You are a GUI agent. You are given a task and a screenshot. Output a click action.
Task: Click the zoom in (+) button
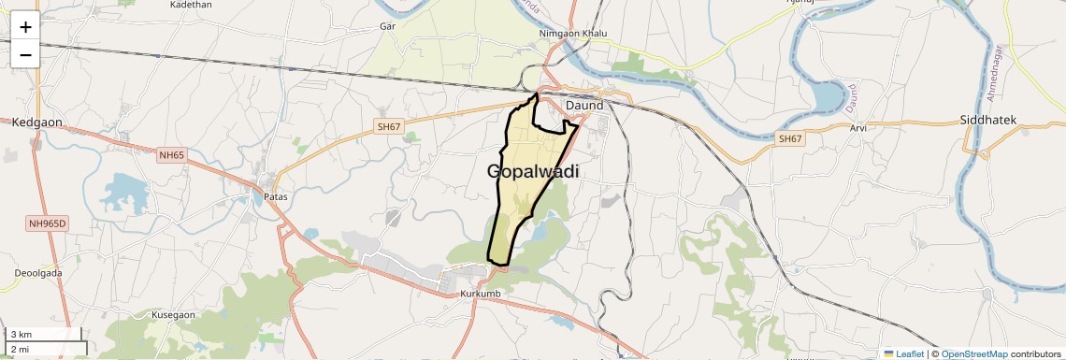click(25, 27)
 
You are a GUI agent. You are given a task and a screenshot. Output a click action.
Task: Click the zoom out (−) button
click(25, 54)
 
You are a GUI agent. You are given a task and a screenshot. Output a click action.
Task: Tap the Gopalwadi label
click(532, 172)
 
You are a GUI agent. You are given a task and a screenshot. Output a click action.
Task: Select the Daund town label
click(584, 106)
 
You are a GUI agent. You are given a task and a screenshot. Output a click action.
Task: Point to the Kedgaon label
click(36, 122)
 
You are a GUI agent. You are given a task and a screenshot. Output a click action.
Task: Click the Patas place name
click(275, 197)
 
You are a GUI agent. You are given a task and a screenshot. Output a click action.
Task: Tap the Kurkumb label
click(483, 295)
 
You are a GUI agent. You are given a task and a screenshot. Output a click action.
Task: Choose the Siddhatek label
click(987, 121)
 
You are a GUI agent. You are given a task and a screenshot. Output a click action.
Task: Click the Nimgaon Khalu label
click(573, 34)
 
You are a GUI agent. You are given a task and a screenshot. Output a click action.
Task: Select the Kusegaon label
click(173, 315)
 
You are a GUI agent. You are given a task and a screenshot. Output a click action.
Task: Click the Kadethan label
click(191, 5)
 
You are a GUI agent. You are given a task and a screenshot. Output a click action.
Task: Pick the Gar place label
click(388, 26)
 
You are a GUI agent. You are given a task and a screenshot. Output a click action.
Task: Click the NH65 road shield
click(171, 154)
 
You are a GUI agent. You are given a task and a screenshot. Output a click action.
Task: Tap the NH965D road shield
click(47, 223)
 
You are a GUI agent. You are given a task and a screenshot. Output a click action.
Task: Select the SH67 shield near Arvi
click(790, 138)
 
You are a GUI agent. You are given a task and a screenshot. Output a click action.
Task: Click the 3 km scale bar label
click(22, 334)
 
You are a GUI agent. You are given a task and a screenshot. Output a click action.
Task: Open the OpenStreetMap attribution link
click(973, 353)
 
